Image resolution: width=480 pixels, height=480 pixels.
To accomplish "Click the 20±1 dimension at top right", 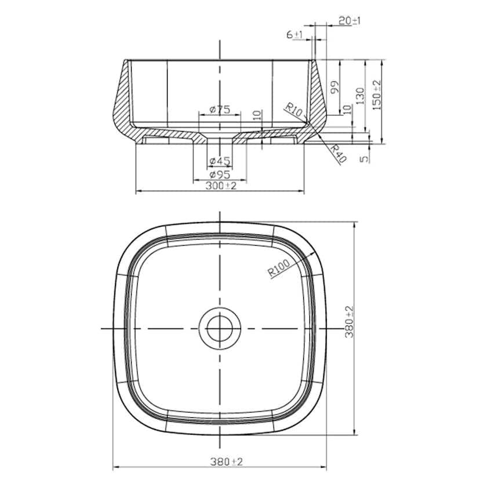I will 350,21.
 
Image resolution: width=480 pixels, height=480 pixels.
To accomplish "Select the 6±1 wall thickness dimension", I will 295,35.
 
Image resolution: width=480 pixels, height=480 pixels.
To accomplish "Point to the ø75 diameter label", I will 220,109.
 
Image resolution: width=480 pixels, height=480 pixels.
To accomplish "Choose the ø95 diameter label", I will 220,174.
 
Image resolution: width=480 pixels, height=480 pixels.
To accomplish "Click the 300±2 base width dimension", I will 221,186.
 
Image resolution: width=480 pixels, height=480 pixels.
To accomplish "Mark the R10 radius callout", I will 294,110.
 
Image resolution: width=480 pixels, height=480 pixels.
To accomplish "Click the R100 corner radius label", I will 279,267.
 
